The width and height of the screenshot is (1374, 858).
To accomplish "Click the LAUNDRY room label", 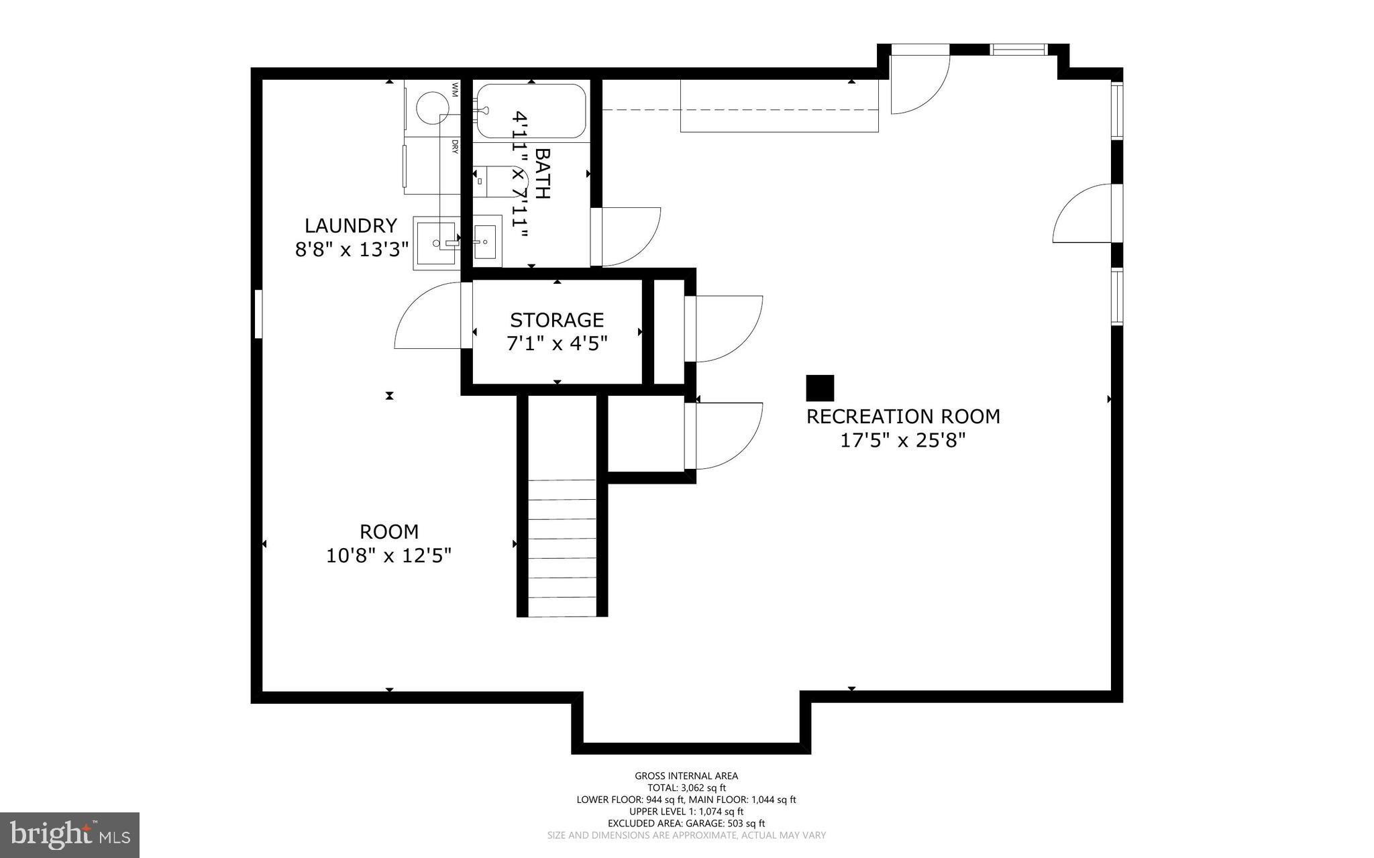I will (x=351, y=225).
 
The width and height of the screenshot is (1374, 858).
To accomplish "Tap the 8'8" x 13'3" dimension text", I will (x=352, y=250).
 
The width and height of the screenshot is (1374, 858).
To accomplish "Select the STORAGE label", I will (x=556, y=319).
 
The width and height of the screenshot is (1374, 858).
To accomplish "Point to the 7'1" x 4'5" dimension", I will (x=556, y=343).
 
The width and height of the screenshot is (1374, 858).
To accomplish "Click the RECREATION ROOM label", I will (x=902, y=417).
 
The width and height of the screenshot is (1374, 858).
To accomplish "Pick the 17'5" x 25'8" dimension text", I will (x=902, y=441).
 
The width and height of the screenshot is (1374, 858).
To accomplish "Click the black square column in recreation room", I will (x=819, y=388).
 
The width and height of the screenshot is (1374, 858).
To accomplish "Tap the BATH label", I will (x=542, y=173).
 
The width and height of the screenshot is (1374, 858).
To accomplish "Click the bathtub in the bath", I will (x=530, y=111).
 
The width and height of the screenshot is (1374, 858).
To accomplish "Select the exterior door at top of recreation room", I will (x=919, y=81).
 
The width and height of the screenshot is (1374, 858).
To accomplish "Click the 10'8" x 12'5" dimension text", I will (x=388, y=556).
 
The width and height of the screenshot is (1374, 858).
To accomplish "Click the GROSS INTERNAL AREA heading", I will (x=686, y=776).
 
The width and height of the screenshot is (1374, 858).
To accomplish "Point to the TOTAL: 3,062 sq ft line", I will (x=686, y=788).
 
